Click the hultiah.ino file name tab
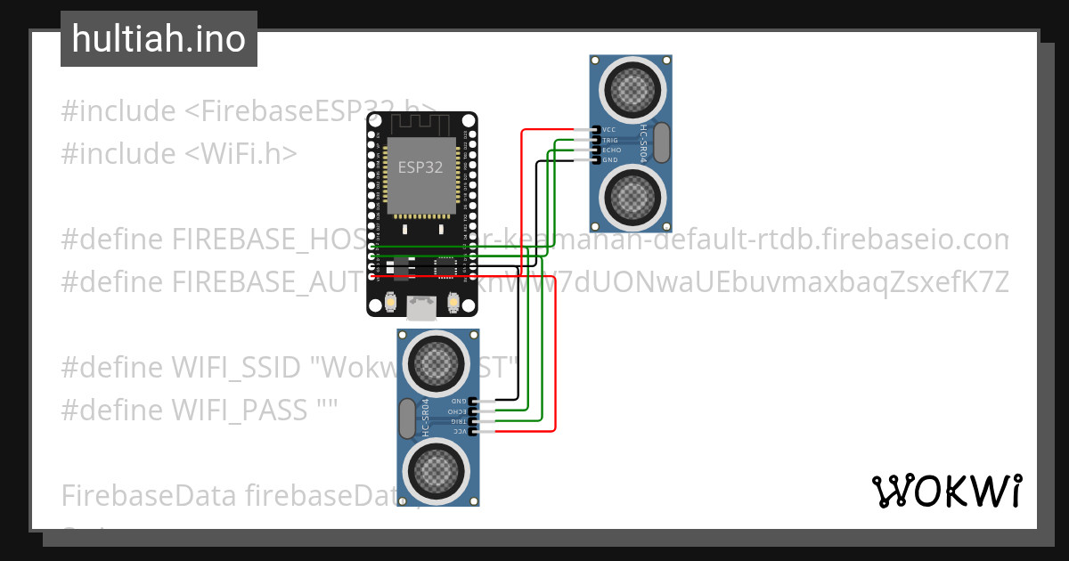coord(159,39)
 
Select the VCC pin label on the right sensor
coord(611,130)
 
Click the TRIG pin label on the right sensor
coord(611,141)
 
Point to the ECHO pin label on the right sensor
coord(612,150)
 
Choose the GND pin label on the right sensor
coord(611,160)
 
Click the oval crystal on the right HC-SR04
coord(662,142)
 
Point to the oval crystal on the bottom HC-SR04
coord(408,417)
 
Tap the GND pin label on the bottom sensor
coord(459,402)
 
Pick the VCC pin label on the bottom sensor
coord(459,431)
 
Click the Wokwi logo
coord(946,492)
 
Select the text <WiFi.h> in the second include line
coord(241,153)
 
